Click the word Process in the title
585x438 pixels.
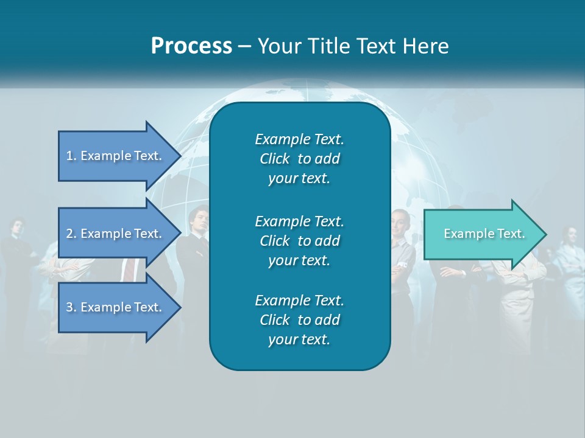(x=191, y=46)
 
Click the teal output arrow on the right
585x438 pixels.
(x=481, y=234)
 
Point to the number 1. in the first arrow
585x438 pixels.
(x=71, y=156)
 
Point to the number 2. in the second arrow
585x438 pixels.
(x=71, y=234)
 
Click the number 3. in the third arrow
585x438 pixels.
(x=71, y=307)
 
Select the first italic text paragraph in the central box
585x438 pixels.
(x=299, y=159)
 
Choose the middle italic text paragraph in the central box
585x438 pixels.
(x=299, y=240)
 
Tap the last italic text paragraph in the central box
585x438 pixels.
(x=299, y=320)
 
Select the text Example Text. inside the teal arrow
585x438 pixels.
(x=484, y=234)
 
